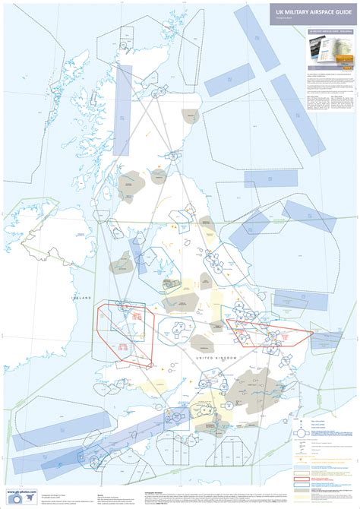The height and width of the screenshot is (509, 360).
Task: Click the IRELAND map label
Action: pyautogui.click(x=81, y=298)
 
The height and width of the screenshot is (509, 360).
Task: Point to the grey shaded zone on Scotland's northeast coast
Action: pyautogui.click(x=189, y=115)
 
